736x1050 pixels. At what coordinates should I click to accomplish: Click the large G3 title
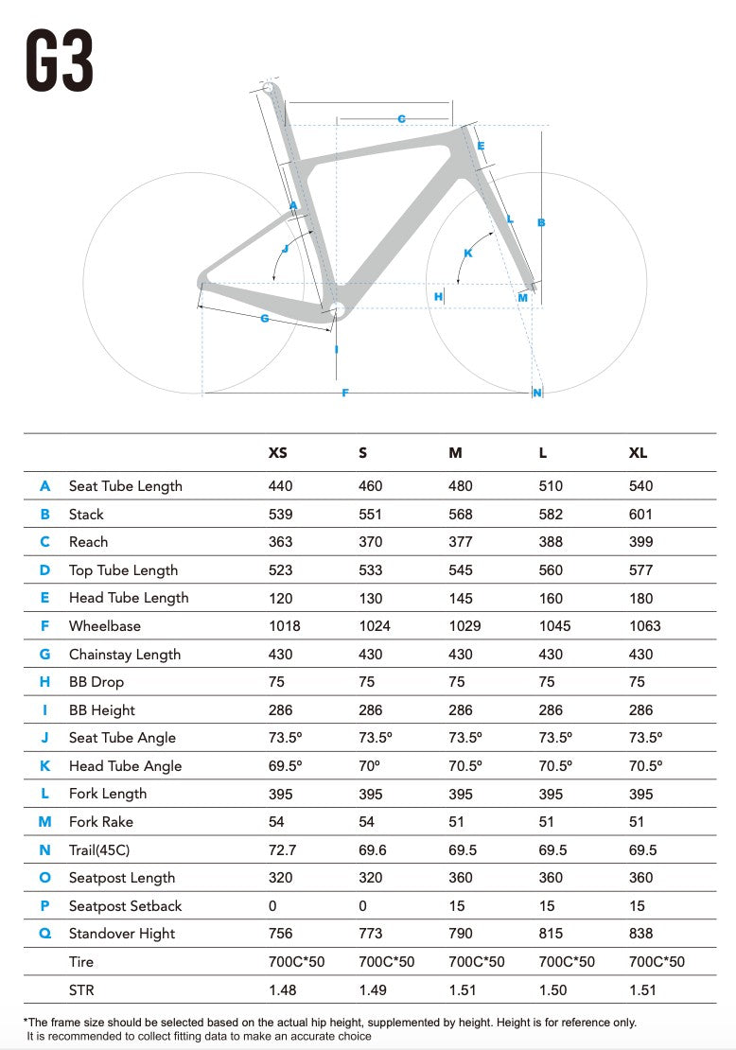pyautogui.click(x=59, y=61)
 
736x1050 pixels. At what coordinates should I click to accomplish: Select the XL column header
pyautogui.click(x=638, y=453)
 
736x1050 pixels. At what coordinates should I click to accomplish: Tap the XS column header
pyautogui.click(x=277, y=453)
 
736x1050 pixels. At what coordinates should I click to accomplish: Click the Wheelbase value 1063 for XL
pyautogui.click(x=644, y=626)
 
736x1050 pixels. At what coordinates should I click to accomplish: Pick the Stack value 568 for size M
pyautogui.click(x=460, y=515)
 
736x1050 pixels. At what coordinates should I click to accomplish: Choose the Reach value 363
pyautogui.click(x=280, y=542)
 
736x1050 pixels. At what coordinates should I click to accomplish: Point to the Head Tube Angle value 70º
pyautogui.click(x=369, y=765)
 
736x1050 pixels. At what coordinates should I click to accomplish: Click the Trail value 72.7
pyautogui.click(x=282, y=849)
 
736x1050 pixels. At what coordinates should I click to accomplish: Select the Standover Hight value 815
pyautogui.click(x=551, y=934)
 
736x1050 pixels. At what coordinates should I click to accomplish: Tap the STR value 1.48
pyautogui.click(x=282, y=989)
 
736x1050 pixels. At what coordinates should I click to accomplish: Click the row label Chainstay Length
pyautogui.click(x=125, y=655)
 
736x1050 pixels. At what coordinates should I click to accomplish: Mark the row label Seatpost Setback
pyautogui.click(x=125, y=906)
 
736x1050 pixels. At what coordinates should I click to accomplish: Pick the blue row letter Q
pyautogui.click(x=44, y=934)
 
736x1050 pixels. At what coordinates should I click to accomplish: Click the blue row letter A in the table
pyautogui.click(x=44, y=486)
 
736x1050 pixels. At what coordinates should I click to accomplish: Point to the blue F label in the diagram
pyautogui.click(x=345, y=394)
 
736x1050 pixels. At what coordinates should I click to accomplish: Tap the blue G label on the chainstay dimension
pyautogui.click(x=265, y=318)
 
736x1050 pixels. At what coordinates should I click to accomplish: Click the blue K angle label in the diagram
pyautogui.click(x=467, y=253)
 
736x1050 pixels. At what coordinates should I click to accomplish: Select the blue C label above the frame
pyautogui.click(x=401, y=118)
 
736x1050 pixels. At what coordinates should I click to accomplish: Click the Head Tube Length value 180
pyautogui.click(x=640, y=598)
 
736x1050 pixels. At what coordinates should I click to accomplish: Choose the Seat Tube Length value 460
pyautogui.click(x=370, y=486)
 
